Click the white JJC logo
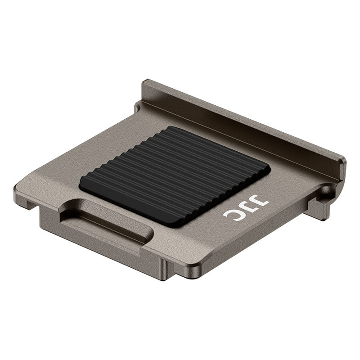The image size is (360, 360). [x=246, y=208]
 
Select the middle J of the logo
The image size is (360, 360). [x=246, y=207]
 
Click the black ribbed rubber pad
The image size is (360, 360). [x=175, y=176]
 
